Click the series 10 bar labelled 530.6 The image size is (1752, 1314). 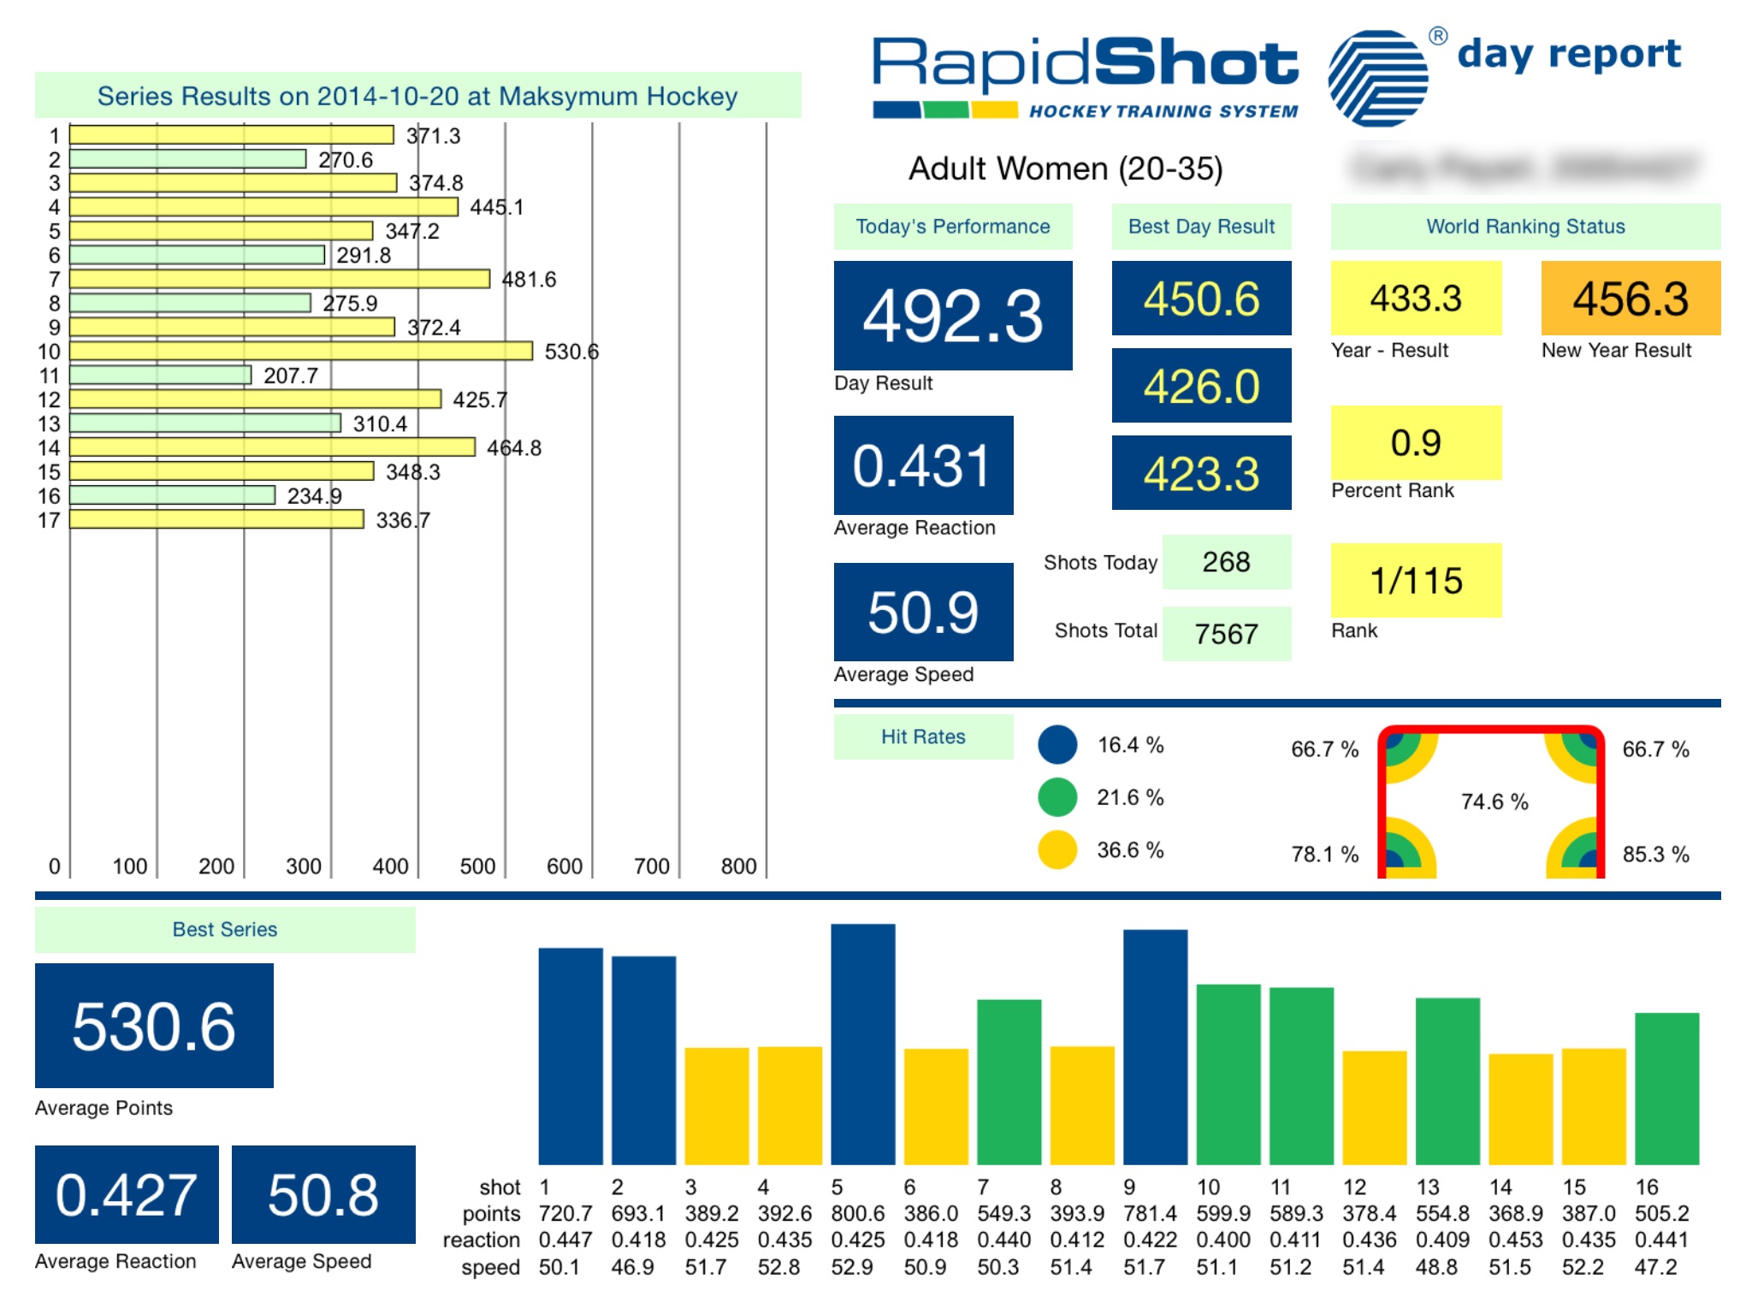pos(300,351)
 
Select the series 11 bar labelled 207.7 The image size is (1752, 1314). pos(160,375)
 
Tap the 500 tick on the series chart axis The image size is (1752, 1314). pos(477,867)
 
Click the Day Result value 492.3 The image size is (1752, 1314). pos(952,316)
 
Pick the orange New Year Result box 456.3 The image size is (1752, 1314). pos(1630,298)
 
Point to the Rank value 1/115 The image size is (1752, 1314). pos(1416,580)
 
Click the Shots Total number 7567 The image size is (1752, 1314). pos(1226,634)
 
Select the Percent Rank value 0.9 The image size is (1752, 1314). pos(1416,442)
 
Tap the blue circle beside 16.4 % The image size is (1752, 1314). pos(1057,744)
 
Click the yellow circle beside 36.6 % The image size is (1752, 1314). pos(1057,849)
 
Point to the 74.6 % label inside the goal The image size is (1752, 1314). pos(1494,802)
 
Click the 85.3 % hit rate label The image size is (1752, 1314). pos(1655,854)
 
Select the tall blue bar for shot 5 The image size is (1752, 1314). pos(862,1044)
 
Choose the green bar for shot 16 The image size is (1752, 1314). pos(1666,1088)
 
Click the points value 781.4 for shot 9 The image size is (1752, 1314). pos(1150,1213)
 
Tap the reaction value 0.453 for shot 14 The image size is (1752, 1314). pos(1515,1240)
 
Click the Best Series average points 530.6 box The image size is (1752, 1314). pos(154,1026)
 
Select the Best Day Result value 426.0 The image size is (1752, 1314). pos(1201,386)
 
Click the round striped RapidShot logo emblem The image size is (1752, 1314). pos(1377,79)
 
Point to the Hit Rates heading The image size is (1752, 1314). pos(923,737)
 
